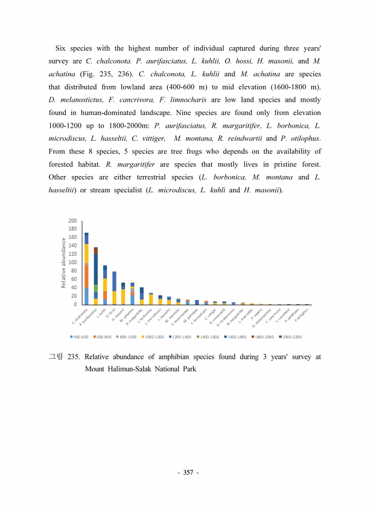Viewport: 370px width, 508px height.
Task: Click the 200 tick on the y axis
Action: click(72, 220)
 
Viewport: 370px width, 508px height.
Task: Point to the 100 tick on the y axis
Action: click(72, 262)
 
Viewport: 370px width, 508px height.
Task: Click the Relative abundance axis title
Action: click(63, 262)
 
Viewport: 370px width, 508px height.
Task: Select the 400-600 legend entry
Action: click(81, 336)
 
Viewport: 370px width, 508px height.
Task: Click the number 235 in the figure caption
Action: click(75, 357)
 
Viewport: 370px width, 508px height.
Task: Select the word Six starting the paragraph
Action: click(60, 48)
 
